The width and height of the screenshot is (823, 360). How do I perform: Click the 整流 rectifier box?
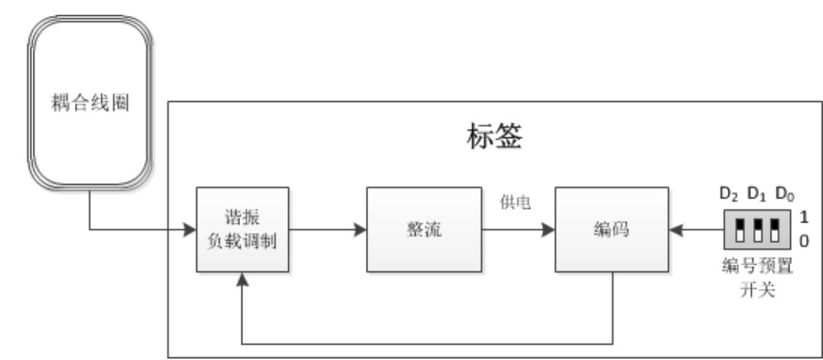(415, 230)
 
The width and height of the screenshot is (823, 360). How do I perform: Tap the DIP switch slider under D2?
(739, 230)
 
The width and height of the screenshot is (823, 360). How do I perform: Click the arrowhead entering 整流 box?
(359, 230)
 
